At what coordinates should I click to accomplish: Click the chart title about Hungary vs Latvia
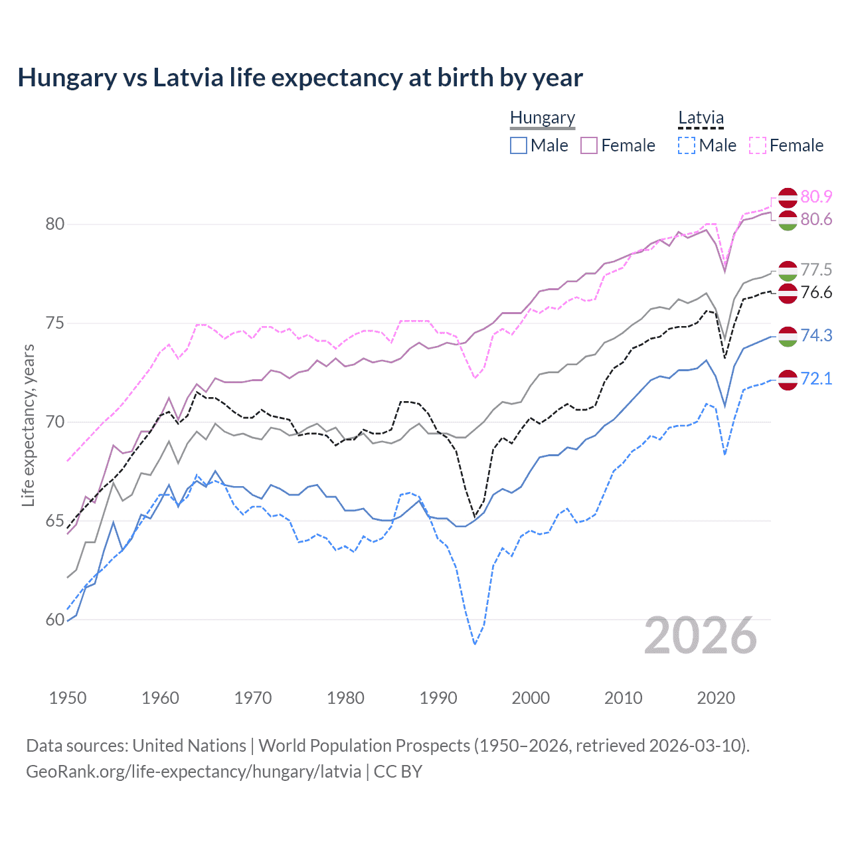(300, 78)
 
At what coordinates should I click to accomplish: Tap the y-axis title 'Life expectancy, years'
(28, 425)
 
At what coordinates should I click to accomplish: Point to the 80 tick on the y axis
(55, 224)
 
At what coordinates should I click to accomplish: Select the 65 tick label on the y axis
(55, 521)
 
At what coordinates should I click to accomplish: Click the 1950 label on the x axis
(68, 698)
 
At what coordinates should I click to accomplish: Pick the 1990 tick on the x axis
(438, 698)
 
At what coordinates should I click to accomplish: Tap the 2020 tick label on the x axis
(716, 698)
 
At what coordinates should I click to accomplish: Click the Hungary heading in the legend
(543, 118)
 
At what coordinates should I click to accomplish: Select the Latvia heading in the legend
(701, 118)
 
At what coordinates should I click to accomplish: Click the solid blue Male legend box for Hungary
(519, 145)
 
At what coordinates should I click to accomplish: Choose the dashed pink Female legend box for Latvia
(758, 145)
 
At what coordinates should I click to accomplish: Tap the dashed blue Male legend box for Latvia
(687, 145)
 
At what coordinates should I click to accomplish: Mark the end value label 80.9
(816, 197)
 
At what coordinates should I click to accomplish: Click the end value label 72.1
(816, 379)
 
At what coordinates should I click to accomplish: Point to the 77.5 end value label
(816, 270)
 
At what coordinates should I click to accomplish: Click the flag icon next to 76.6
(788, 293)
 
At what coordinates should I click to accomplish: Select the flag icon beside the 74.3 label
(788, 336)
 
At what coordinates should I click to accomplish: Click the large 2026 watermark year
(701, 636)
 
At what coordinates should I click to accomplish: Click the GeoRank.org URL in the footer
(193, 772)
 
